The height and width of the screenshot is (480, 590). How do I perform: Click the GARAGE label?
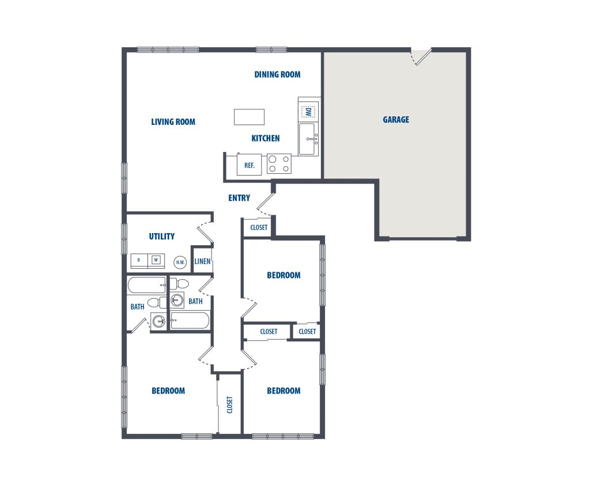pyautogui.click(x=396, y=120)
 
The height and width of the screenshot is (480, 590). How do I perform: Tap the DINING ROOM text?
pyautogui.click(x=277, y=74)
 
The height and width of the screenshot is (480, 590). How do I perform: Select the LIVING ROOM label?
pyautogui.click(x=173, y=122)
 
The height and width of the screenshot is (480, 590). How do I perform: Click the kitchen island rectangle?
pyautogui.click(x=249, y=117)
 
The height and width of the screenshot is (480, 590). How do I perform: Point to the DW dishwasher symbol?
pyautogui.click(x=308, y=112)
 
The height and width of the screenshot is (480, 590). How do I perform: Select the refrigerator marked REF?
pyautogui.click(x=249, y=165)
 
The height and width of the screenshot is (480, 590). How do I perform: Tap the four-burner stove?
pyautogui.click(x=279, y=164)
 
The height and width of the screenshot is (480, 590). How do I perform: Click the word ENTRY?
pyautogui.click(x=239, y=198)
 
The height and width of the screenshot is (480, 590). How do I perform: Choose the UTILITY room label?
pyautogui.click(x=162, y=237)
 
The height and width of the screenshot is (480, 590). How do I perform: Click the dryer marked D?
pyautogui.click(x=139, y=260)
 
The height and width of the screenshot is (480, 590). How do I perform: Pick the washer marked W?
pyautogui.click(x=156, y=260)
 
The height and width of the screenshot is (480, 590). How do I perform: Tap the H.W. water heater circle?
pyautogui.click(x=180, y=262)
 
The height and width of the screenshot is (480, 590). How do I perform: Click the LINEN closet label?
pyautogui.click(x=202, y=261)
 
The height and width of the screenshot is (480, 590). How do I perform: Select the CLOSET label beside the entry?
pyautogui.click(x=259, y=227)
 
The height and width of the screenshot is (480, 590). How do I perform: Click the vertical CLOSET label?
pyautogui.click(x=229, y=405)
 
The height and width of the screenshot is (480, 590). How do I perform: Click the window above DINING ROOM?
pyautogui.click(x=271, y=49)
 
